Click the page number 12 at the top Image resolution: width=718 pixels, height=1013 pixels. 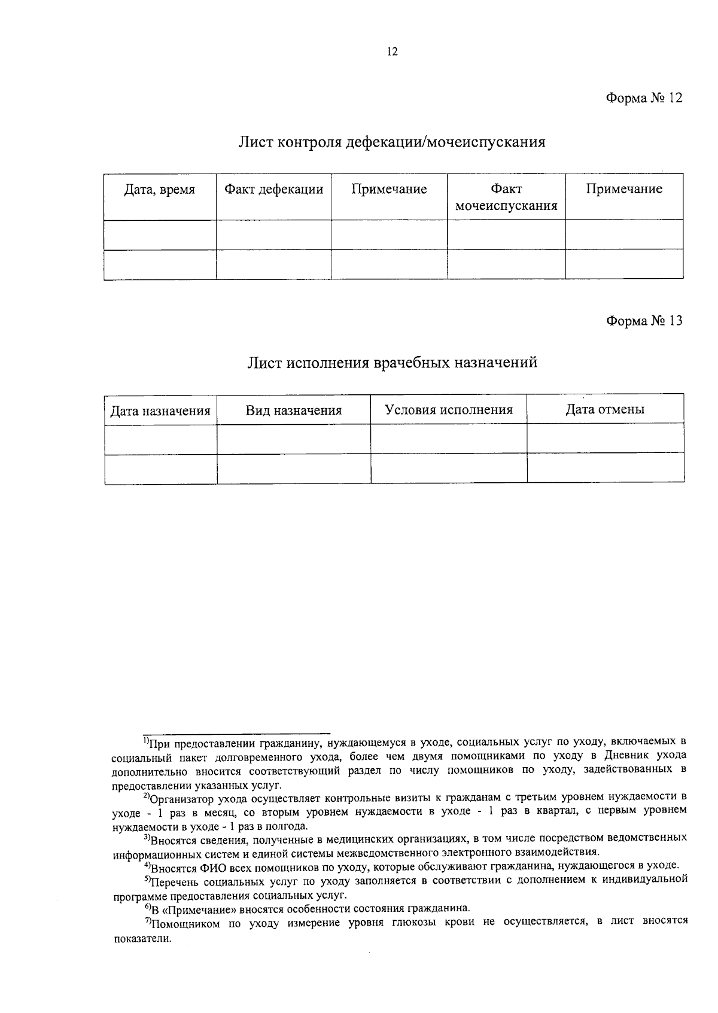point(392,51)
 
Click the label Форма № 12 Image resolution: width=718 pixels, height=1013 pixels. point(644,98)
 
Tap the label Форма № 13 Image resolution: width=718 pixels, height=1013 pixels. point(644,321)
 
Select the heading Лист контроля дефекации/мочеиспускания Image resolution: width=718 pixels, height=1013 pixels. point(392,142)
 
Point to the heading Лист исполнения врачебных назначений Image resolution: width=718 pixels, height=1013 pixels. point(392,363)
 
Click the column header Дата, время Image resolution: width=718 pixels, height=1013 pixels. point(159,190)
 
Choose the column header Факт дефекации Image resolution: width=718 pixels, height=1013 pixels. point(273,190)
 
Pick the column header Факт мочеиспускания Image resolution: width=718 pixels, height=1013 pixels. point(506,197)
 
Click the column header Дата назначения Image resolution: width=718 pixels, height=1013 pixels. point(160,411)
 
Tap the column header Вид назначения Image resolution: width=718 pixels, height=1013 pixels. point(293,410)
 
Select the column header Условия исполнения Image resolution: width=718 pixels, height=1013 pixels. point(449,410)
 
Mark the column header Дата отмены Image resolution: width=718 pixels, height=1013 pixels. point(605,410)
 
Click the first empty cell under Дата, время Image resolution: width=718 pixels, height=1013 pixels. point(159,235)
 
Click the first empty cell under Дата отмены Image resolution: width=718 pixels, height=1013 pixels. point(605,439)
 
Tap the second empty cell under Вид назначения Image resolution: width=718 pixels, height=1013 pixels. point(293,469)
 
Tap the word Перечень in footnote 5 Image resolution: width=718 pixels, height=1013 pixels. point(174,882)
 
